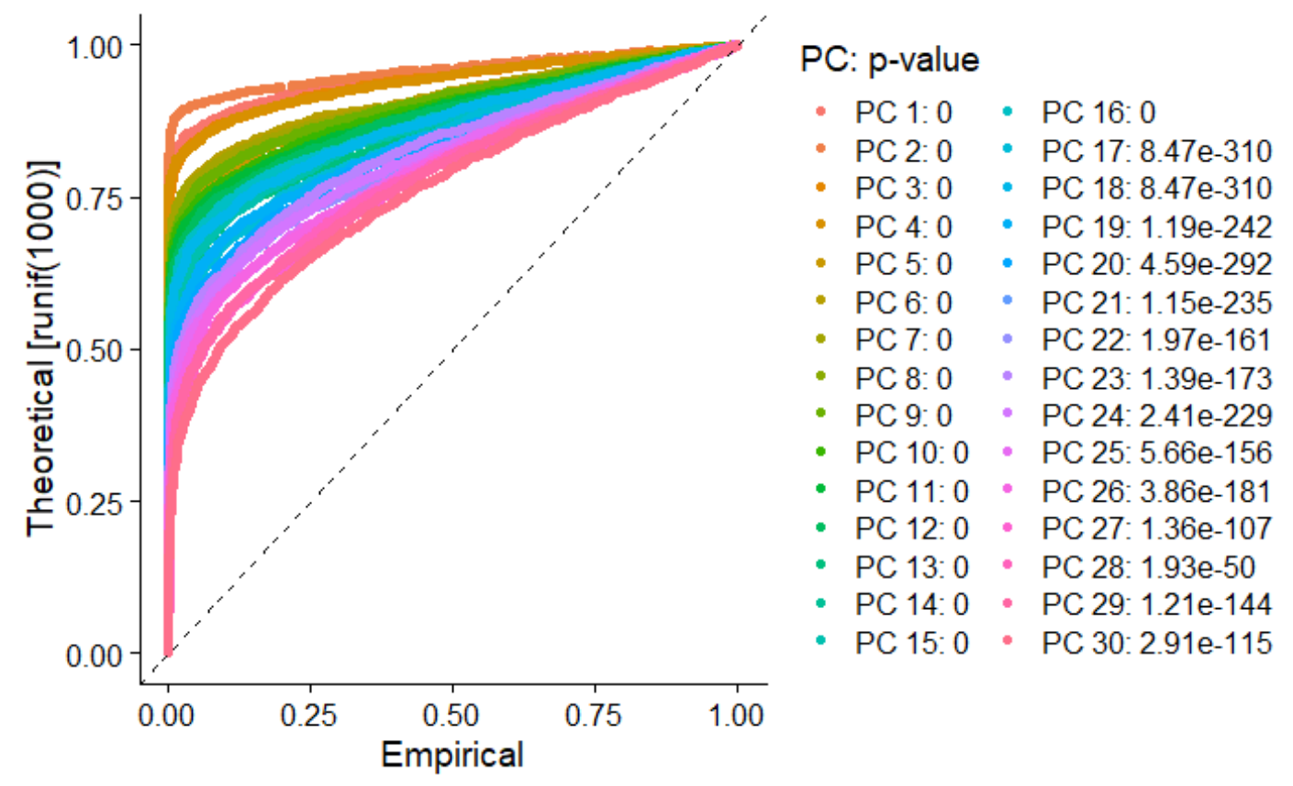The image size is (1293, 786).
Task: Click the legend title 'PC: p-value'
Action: [x=889, y=60]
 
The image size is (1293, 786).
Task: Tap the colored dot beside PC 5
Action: [x=820, y=264]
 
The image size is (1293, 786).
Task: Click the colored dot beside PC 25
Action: [x=1007, y=453]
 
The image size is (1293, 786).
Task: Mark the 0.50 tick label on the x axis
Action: [x=452, y=715]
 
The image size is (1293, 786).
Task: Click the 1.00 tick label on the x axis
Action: [x=737, y=715]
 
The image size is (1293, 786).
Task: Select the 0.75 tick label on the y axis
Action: [x=96, y=197]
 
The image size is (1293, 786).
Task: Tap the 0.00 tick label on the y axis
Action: [x=96, y=655]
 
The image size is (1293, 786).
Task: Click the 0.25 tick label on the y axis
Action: [x=96, y=502]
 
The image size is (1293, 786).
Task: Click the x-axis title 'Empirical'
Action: [x=451, y=755]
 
